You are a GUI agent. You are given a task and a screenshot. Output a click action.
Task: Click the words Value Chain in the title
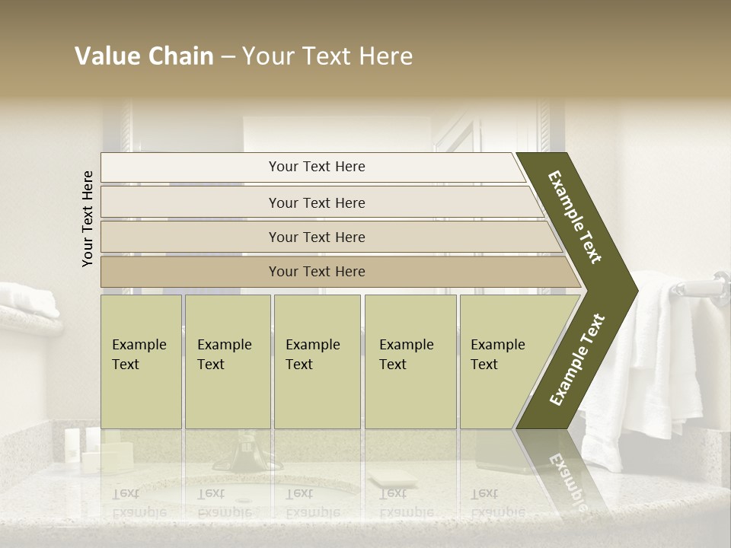tap(144, 56)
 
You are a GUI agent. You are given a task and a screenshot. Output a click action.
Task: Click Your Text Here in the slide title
tap(327, 56)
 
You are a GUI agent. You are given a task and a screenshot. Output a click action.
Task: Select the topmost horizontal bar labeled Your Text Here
tap(316, 167)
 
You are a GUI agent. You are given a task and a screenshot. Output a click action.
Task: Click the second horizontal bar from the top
tap(316, 202)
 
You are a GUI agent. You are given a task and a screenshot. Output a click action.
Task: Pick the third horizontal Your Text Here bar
tap(316, 237)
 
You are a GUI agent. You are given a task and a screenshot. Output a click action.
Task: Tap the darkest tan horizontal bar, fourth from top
tap(316, 272)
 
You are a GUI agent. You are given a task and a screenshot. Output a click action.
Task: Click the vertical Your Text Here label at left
tap(88, 218)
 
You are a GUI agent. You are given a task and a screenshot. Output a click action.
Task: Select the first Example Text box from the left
tap(141, 362)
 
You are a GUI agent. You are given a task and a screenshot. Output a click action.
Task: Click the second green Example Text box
tap(227, 362)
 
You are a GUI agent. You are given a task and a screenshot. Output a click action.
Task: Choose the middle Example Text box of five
tap(317, 362)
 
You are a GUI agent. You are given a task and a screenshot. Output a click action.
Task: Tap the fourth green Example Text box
tap(410, 362)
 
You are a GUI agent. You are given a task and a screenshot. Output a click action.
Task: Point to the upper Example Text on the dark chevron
tap(575, 217)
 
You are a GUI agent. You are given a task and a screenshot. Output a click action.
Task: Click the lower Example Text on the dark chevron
tap(576, 360)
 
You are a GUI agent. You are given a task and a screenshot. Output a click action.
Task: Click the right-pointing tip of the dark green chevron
tap(634, 290)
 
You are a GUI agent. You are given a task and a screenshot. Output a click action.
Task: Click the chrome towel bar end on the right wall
tap(719, 283)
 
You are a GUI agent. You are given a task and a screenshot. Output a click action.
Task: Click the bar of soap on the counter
tap(391, 479)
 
